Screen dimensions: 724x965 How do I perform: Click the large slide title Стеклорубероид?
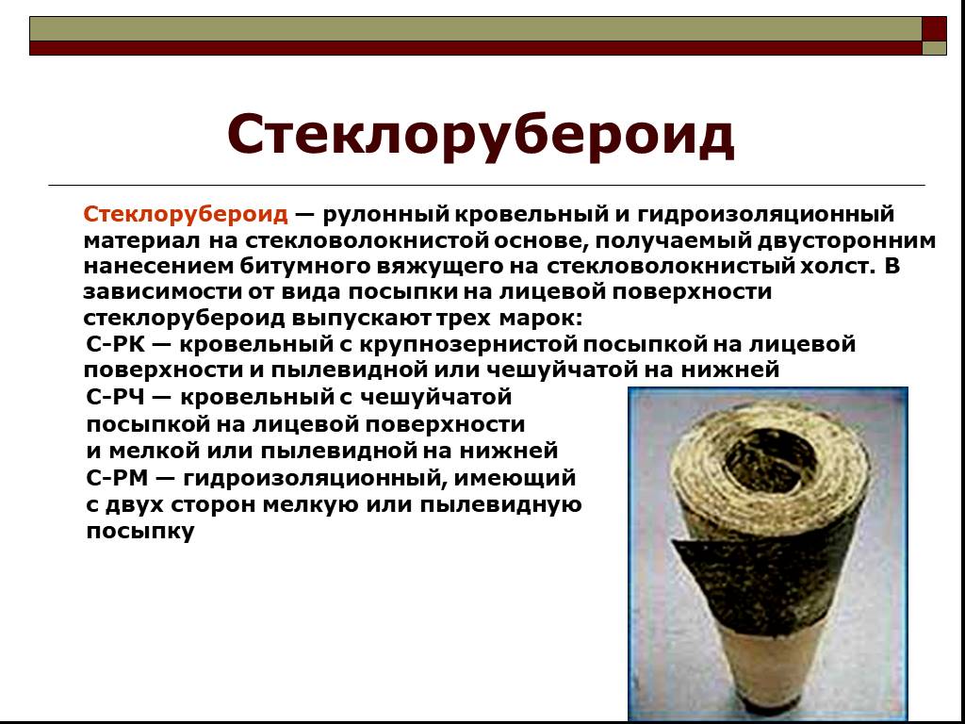coord(481,135)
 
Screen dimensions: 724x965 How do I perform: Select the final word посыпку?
coord(139,531)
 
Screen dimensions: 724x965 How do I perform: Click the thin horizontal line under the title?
coord(486,186)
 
